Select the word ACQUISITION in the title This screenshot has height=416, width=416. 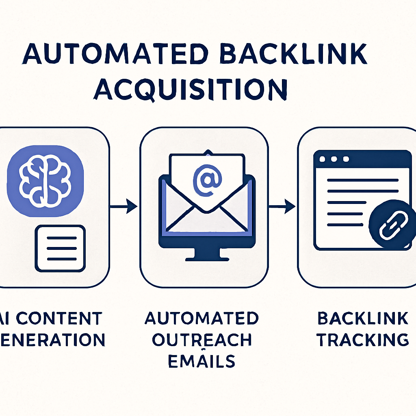191,89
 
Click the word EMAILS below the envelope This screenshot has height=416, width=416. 201,361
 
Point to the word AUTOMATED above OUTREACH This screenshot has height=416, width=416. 201,318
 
